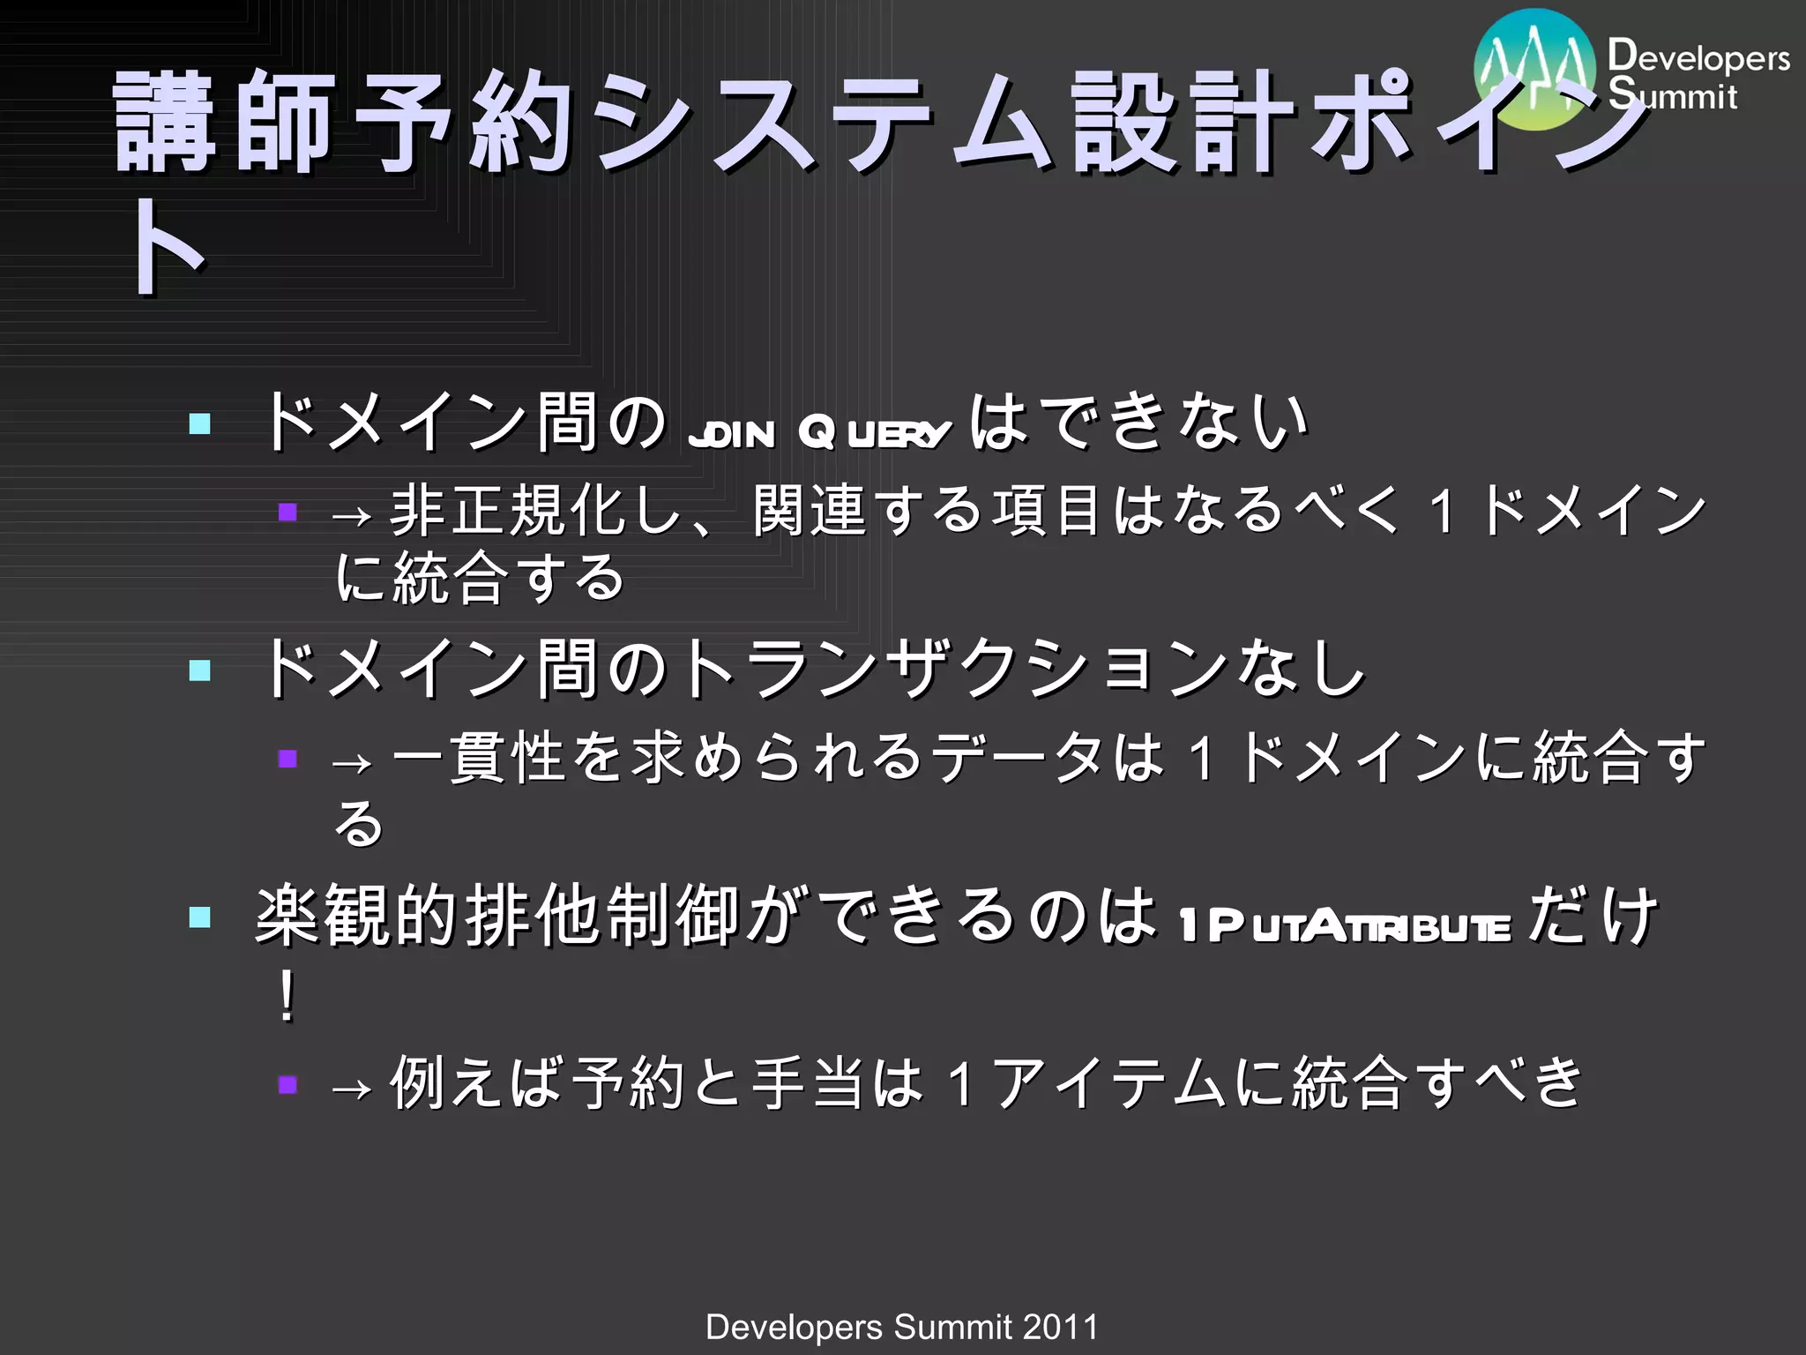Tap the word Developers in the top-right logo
tap(1698, 57)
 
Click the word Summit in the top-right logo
tap(1672, 95)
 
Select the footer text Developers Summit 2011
tap(902, 1326)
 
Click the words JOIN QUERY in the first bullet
tap(819, 433)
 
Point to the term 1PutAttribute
tap(1345, 927)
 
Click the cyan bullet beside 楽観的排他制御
tap(200, 917)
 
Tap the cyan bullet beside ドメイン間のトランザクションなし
tap(200, 670)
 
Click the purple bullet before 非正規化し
tap(287, 512)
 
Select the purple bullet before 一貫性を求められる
tap(287, 759)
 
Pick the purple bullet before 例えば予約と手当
tap(287, 1084)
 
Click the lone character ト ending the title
tap(168, 247)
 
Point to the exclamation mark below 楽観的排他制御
tap(286, 997)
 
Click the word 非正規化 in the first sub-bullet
tap(507, 511)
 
